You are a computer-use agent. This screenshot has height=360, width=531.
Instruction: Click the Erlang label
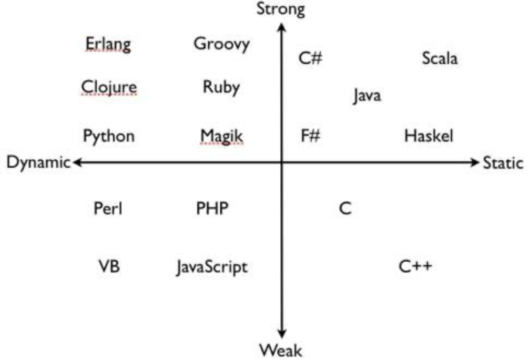pos(108,44)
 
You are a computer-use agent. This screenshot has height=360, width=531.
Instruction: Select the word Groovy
pos(221,44)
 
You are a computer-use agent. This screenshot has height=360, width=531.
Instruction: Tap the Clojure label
pos(109,87)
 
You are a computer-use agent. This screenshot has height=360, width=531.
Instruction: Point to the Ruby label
pos(221,87)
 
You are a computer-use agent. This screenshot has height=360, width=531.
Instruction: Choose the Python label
pos(109,137)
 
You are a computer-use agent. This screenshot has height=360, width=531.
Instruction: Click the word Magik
pos(221,137)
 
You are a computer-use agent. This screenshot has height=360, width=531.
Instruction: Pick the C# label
pos(310,58)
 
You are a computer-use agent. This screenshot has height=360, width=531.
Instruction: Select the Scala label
pos(440,58)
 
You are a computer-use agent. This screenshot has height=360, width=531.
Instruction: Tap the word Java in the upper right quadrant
pos(367,96)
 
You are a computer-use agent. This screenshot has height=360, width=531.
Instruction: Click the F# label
pos(310,136)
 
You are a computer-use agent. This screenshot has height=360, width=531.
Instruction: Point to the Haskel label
pos(428,136)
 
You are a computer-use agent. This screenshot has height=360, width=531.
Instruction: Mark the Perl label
pos(108,209)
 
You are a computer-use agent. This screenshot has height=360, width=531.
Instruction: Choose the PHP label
pos(212,209)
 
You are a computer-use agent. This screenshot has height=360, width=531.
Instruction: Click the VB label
pos(109,266)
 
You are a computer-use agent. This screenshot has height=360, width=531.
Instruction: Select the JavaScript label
pos(211,267)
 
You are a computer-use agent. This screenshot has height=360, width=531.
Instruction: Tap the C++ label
pos(415,266)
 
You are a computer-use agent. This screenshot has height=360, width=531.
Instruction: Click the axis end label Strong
pos(281,9)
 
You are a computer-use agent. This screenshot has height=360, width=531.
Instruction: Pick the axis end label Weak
pos(281,349)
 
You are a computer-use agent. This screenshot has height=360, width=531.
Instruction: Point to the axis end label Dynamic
pos(38,163)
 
